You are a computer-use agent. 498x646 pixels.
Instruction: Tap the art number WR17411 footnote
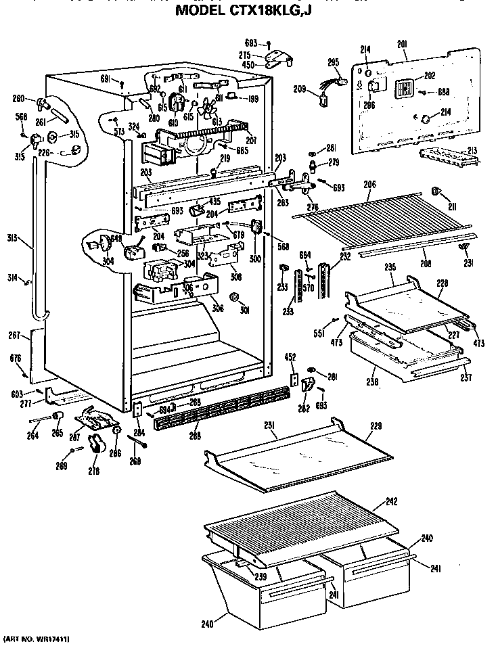[38, 638]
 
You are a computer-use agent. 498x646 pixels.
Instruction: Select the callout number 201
[402, 44]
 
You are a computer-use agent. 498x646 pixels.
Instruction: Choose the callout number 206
[369, 183]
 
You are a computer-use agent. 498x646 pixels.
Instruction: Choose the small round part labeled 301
[234, 298]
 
